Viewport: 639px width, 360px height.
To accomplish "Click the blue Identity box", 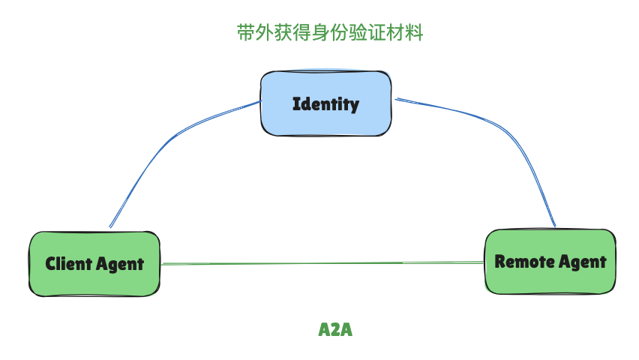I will (x=325, y=103).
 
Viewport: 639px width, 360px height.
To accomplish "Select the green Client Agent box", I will (x=94, y=263).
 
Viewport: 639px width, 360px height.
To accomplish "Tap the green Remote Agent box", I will (x=550, y=261).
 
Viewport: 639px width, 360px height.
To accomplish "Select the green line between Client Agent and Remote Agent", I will (x=322, y=263).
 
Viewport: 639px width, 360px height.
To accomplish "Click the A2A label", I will (x=335, y=330).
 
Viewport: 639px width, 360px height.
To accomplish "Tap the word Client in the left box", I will (x=68, y=264).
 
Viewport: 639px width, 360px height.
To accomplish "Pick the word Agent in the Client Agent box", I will (x=119, y=264).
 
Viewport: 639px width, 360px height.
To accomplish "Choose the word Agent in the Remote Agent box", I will (x=581, y=262).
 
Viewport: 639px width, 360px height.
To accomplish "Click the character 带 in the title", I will (x=244, y=33).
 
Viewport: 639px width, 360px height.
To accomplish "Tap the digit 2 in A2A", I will (x=335, y=330).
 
